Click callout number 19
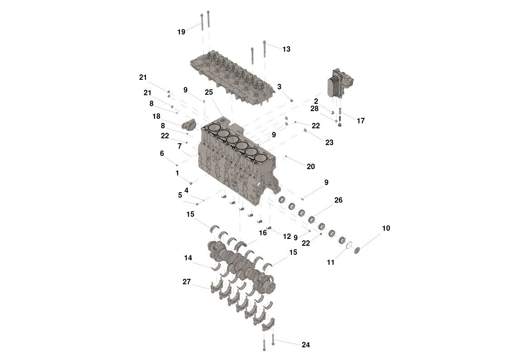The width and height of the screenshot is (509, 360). [x=181, y=32]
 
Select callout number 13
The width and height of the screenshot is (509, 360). [x=286, y=49]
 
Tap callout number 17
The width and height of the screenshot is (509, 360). [x=361, y=121]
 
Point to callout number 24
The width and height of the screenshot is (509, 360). [x=305, y=345]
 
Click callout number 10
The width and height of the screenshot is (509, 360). [x=386, y=228]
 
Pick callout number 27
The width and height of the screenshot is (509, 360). [x=187, y=282]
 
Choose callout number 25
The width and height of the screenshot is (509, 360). [x=208, y=92]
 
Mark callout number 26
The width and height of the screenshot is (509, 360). [x=338, y=200]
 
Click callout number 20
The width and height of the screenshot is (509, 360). [x=310, y=166]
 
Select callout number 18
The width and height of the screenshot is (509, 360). [x=156, y=116]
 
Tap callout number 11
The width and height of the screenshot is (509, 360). [x=330, y=262]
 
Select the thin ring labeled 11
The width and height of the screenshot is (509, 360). [x=349, y=246]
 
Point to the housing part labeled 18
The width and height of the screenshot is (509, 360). [x=189, y=123]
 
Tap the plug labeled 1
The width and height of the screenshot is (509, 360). [x=191, y=183]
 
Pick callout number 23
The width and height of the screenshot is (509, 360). [x=329, y=142]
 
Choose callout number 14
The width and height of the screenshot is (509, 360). [x=188, y=258]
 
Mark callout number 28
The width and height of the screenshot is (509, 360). [x=315, y=109]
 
